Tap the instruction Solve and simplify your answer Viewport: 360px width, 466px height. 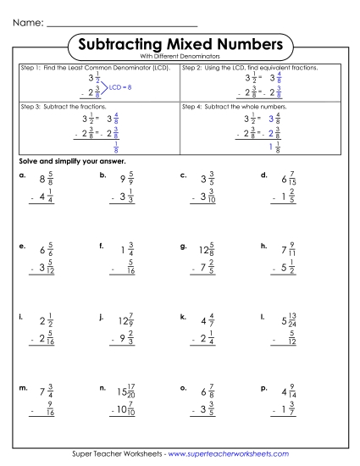tap(72, 161)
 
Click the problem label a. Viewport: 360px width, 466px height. tap(21, 175)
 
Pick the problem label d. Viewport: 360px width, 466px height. tap(264, 175)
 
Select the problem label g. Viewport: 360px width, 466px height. tap(183, 246)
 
